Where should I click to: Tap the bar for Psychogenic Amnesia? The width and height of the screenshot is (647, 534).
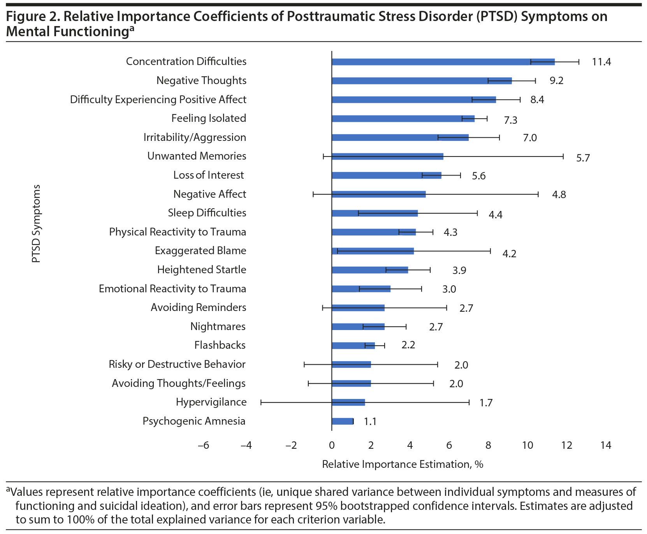pos(342,421)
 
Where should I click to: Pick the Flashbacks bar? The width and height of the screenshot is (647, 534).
pos(353,346)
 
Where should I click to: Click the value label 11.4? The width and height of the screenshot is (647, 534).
pos(601,62)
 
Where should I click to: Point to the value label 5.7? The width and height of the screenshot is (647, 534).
pos(583,158)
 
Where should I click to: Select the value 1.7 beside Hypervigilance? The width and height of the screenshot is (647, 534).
pos(486,403)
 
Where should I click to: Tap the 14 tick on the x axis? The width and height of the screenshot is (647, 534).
pos(606,445)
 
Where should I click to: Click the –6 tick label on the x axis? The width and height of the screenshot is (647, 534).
pos(203,445)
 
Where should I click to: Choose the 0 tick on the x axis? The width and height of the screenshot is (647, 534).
pos(332,445)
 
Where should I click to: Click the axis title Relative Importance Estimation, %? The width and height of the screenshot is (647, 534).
pos(403,464)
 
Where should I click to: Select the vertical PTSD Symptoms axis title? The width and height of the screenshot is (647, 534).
pos(36,223)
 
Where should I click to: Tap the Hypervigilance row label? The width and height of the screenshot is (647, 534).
pos(211,402)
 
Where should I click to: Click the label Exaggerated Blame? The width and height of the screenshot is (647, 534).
pos(200,251)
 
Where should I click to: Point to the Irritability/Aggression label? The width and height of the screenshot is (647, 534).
pos(195,137)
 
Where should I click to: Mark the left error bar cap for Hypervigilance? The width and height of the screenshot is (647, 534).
pos(261,402)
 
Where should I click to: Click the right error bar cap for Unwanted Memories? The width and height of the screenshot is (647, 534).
pos(563,156)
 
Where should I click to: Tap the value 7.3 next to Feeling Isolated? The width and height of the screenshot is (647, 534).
pos(510,120)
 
